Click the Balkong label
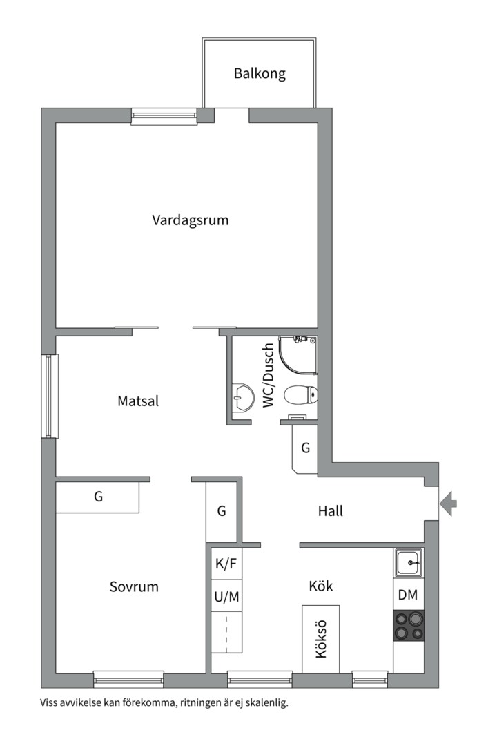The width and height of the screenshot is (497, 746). tap(259, 73)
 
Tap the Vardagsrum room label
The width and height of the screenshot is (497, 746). tap(190, 221)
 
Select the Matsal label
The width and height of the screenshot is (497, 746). tap(138, 401)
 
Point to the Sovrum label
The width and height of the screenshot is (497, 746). tap(134, 587)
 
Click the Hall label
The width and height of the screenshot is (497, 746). tap(331, 512)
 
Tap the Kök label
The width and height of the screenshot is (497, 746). tap(320, 586)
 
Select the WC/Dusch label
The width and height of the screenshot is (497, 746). tap(269, 374)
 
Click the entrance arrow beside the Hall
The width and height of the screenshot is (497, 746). tap(448, 502)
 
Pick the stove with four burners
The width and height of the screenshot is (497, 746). tap(409, 626)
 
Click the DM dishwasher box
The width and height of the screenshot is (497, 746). tap(409, 595)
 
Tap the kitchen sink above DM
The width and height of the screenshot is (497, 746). tap(409, 563)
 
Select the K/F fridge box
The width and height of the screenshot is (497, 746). tap(226, 564)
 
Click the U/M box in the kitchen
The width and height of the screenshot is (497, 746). tap(226, 597)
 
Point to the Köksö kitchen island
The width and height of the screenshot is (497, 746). tap(320, 639)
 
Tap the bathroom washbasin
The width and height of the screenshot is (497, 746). tap(242, 397)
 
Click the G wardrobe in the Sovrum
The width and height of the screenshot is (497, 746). tap(98, 497)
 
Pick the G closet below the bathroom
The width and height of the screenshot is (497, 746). tap(304, 448)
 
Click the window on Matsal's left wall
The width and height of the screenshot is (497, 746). tap(50, 396)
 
